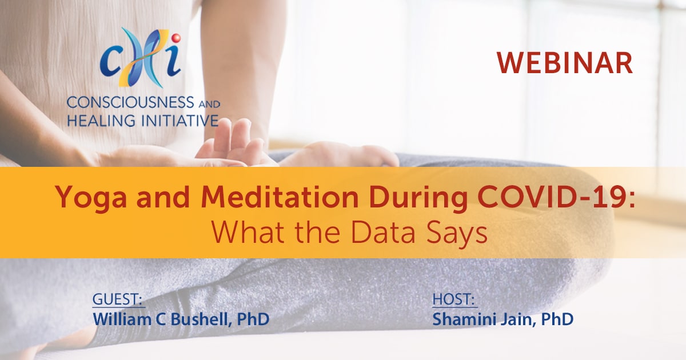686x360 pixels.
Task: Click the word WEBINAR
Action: coord(564,63)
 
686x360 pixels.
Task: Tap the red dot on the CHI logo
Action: coord(176,38)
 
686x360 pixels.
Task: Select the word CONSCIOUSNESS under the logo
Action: coord(130,102)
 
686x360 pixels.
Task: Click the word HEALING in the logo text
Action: coord(101,121)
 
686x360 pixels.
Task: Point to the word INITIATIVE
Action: coord(180,121)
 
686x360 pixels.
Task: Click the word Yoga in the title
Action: coord(91,198)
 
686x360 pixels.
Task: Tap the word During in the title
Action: coord(418,198)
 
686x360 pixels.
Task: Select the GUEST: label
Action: coord(117,299)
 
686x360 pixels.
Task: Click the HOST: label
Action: coord(453,299)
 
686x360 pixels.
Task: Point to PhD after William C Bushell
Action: coord(253,319)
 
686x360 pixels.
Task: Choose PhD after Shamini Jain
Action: coord(557,319)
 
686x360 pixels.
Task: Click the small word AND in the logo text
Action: coord(209,105)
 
